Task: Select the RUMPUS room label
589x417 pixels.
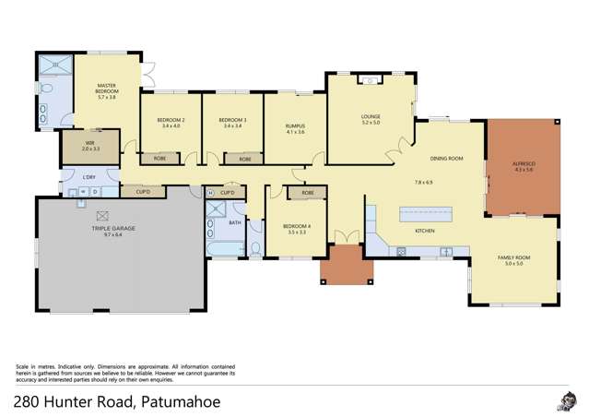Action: [295, 127]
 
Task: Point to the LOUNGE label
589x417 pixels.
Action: [371, 117]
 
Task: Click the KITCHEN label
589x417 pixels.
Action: [425, 230]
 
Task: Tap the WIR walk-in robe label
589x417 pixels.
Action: [89, 143]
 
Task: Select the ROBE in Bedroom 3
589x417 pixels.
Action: [245, 159]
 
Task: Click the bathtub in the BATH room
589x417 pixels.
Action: [225, 250]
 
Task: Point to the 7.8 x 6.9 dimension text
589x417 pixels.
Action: [423, 182]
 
